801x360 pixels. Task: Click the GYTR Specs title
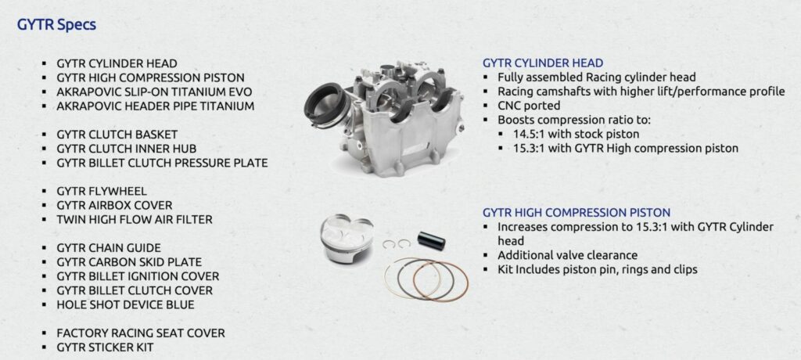coord(56,24)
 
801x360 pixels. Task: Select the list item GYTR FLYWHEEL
coord(102,191)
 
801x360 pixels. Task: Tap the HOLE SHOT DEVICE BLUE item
coord(125,304)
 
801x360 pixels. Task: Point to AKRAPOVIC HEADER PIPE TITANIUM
coord(156,106)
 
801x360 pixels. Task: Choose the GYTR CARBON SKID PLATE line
coord(129,262)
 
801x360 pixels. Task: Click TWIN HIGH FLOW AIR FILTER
coord(135,219)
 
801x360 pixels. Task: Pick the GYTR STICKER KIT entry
coord(106,347)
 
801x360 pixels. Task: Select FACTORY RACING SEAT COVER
coord(141,333)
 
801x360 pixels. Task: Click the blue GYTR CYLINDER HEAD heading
coord(543,63)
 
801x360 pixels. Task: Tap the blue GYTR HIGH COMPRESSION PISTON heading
coord(577,212)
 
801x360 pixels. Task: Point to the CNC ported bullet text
coord(530,106)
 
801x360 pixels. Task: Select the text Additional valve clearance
coord(568,255)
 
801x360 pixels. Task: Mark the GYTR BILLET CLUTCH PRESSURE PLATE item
coord(163,163)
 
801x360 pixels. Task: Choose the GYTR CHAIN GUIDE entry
coord(109,248)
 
